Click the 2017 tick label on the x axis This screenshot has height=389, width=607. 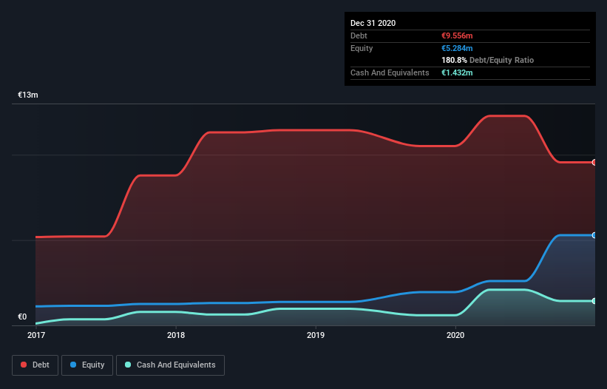pyautogui.click(x=35, y=335)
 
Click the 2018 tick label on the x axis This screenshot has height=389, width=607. pyautogui.click(x=176, y=335)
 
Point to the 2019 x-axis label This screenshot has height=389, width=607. pyautogui.click(x=316, y=335)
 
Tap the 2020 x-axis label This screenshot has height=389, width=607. pyautogui.click(x=456, y=335)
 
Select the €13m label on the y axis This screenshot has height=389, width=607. pyautogui.click(x=28, y=95)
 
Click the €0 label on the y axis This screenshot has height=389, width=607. pyautogui.click(x=22, y=317)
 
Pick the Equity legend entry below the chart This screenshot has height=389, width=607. pyautogui.click(x=87, y=365)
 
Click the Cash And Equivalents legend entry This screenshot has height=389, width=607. pyautogui.click(x=170, y=365)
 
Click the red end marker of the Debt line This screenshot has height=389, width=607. pyautogui.click(x=594, y=162)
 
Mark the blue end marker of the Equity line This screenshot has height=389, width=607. pyautogui.click(x=594, y=235)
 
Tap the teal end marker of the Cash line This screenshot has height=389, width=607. pyautogui.click(x=594, y=301)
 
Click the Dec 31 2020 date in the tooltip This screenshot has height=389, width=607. pyautogui.click(x=373, y=23)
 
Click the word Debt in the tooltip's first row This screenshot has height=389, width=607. pyautogui.click(x=359, y=35)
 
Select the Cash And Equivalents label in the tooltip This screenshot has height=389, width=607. pyautogui.click(x=390, y=72)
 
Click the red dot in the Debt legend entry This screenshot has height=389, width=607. pyautogui.click(x=24, y=365)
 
